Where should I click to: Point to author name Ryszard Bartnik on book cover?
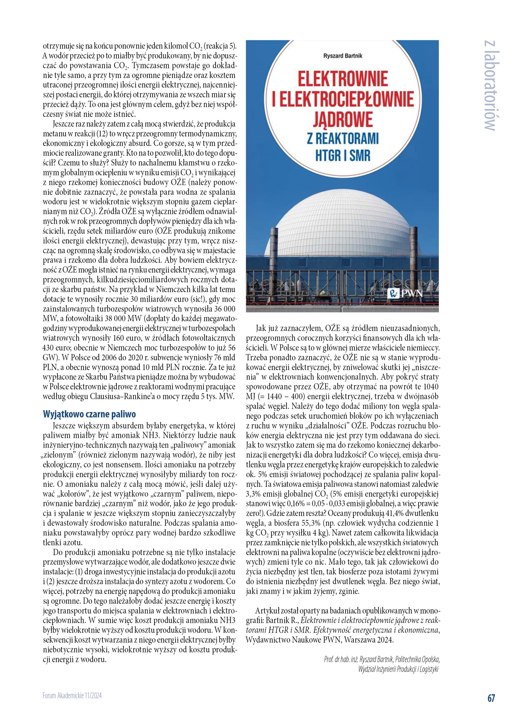pyautogui.click(x=343, y=56)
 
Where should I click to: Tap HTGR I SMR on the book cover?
pyautogui.click(x=343, y=156)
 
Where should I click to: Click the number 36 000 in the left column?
pyautogui.click(x=225, y=309)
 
